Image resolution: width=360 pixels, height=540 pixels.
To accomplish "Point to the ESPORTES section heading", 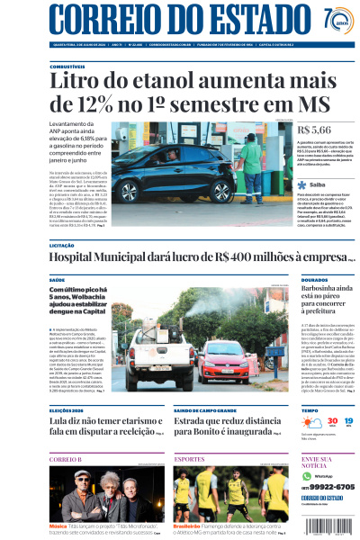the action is (x=189, y=459).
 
